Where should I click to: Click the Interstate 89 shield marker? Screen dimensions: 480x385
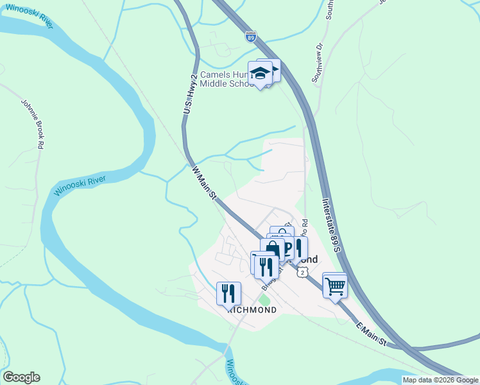[250, 37]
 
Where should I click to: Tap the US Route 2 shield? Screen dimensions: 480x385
[303, 272]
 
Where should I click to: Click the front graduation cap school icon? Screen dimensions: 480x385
[261, 74]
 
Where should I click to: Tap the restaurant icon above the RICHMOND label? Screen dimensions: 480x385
[228, 293]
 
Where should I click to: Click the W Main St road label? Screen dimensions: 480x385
[203, 185]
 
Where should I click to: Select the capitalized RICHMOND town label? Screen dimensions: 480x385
[252, 309]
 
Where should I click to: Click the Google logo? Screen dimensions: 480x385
[21, 377]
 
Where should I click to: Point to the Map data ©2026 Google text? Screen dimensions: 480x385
[440, 380]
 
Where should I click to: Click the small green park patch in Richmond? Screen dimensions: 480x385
[264, 300]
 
